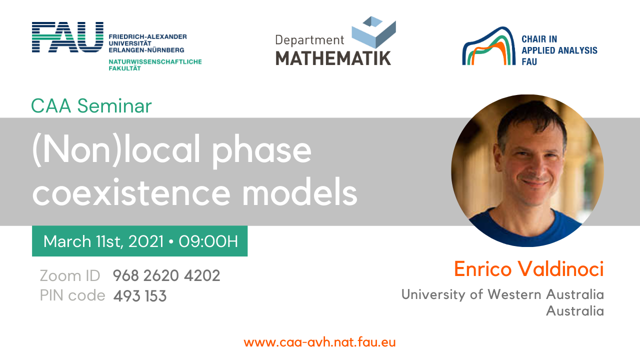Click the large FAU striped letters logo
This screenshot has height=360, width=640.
click(67, 37)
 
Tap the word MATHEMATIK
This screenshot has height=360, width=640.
click(333, 58)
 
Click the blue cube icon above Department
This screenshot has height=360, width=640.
click(373, 32)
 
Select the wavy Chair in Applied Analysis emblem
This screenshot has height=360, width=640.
click(488, 45)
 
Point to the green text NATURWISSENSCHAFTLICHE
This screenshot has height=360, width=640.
click(155, 61)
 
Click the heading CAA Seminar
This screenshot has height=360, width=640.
click(91, 106)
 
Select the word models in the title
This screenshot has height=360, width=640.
click(299, 191)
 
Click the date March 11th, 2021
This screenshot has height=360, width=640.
click(103, 241)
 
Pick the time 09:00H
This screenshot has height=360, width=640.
click(208, 241)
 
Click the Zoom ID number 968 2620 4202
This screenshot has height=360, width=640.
click(166, 275)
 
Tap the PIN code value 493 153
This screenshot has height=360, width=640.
click(140, 295)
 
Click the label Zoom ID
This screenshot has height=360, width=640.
click(70, 275)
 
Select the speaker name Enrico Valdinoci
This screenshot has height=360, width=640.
click(529, 269)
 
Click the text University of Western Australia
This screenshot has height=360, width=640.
click(502, 294)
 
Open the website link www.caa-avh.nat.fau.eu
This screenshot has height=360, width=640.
click(319, 342)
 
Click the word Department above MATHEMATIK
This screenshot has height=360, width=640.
click(309, 40)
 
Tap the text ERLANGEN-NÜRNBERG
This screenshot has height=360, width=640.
click(146, 49)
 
